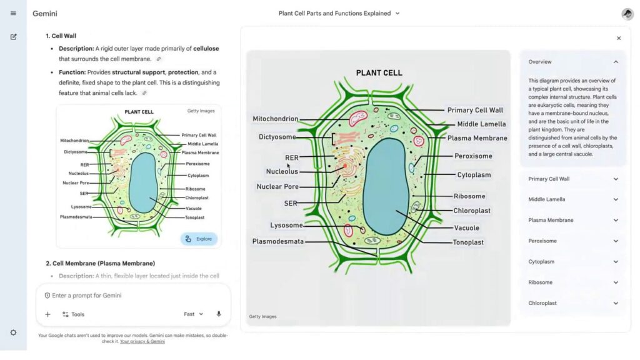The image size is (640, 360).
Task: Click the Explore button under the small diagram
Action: (x=199, y=239)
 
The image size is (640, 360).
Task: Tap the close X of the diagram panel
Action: (x=619, y=38)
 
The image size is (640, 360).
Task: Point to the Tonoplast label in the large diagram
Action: (x=468, y=242)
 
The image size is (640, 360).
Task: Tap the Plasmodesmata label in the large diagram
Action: (x=278, y=241)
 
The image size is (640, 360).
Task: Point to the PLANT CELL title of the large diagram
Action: (x=379, y=72)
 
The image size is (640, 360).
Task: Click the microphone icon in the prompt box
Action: (x=219, y=314)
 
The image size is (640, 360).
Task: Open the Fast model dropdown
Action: (x=193, y=314)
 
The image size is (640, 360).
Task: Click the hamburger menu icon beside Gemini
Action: (x=13, y=13)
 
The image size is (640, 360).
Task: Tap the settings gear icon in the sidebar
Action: (x=13, y=332)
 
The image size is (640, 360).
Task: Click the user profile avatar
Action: (x=627, y=14)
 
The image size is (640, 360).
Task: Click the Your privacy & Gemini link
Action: (x=142, y=342)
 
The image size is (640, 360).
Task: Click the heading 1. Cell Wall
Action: (x=61, y=36)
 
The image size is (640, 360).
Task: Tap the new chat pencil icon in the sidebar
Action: (x=13, y=37)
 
